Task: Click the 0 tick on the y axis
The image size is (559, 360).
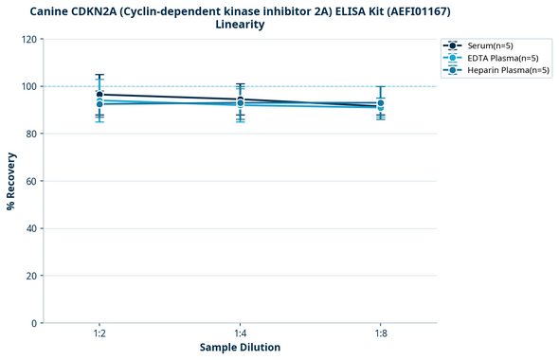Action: [35, 323]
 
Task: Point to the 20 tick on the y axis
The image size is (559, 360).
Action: [32, 276]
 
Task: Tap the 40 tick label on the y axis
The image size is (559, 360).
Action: [32, 228]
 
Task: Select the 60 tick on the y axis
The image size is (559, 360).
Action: [32, 181]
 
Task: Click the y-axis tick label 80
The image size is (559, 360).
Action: [32, 134]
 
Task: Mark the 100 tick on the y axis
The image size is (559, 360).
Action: [29, 86]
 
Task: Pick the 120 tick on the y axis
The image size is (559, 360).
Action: [29, 39]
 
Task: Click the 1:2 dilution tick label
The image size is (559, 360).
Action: [99, 334]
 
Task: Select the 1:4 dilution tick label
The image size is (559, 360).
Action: [240, 334]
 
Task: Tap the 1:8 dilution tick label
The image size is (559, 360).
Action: [380, 334]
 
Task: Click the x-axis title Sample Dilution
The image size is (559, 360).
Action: [240, 348]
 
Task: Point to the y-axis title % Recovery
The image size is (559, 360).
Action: [11, 181]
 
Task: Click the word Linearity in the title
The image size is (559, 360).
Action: [240, 25]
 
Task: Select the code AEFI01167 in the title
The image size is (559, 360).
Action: [421, 10]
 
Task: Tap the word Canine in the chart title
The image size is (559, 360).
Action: [50, 10]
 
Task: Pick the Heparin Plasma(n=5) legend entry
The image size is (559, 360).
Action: [502, 70]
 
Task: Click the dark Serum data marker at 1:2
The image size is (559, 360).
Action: [99, 95]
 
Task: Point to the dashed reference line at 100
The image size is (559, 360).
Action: [313, 86]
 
